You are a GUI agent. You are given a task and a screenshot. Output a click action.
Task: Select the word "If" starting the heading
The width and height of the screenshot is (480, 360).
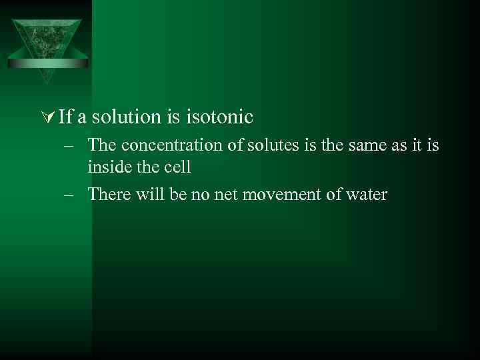(65, 117)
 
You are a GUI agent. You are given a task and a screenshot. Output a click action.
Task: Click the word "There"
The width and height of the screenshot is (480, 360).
(105, 195)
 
